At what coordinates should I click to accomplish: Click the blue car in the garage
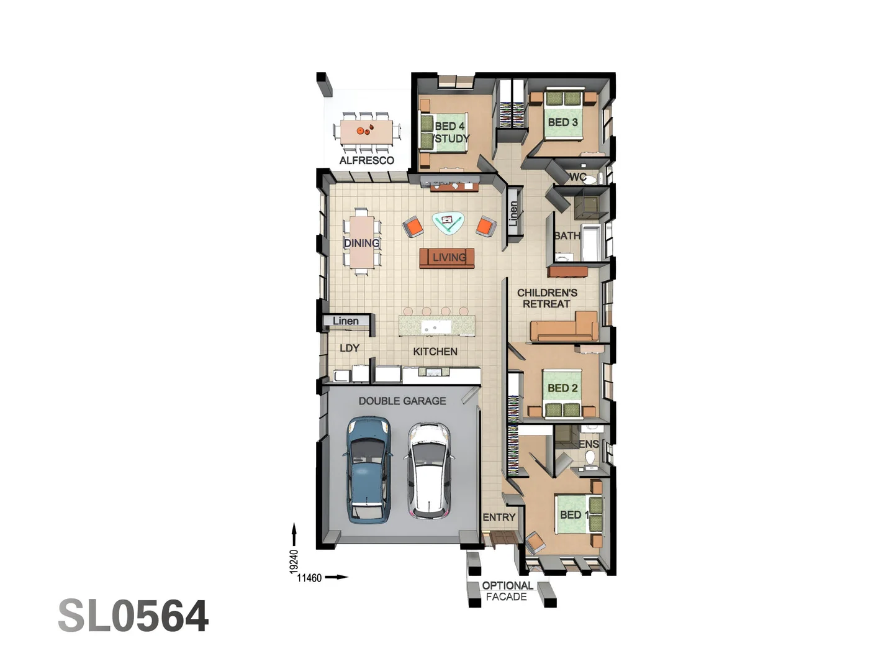(368, 470)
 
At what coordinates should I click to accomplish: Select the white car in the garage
(428, 471)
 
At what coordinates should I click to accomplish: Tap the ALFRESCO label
(366, 160)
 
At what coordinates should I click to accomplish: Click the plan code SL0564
(133, 616)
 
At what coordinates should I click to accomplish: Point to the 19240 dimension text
(294, 562)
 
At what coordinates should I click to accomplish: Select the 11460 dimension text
(309, 578)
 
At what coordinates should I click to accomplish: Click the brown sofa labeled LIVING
(447, 258)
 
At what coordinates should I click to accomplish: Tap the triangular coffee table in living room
(448, 222)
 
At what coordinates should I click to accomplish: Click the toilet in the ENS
(590, 459)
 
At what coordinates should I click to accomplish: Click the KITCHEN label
(435, 352)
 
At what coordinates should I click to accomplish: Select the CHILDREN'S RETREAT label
(547, 298)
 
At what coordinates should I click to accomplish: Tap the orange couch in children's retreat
(563, 329)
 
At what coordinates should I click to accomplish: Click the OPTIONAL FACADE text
(507, 591)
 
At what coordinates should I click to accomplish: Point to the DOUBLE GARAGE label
(402, 401)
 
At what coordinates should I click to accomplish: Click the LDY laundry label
(350, 348)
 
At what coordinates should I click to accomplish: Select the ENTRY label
(499, 517)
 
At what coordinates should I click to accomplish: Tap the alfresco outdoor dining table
(366, 131)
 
